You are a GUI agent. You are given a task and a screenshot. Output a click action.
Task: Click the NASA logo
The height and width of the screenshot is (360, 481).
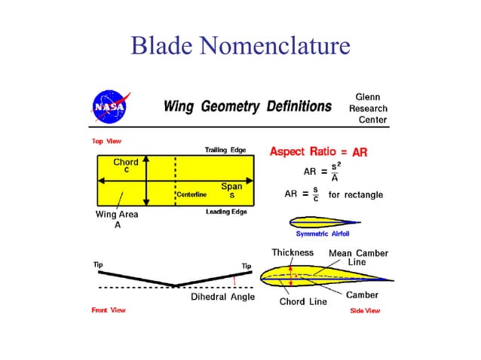pos(110,108)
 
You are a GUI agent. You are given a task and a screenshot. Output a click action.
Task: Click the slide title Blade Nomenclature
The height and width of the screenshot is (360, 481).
pos(240,47)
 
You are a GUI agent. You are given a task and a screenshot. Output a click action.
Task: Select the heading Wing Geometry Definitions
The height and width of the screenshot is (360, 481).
pos(247,107)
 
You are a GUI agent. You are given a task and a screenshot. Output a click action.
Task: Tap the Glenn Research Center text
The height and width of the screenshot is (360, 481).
pos(367,108)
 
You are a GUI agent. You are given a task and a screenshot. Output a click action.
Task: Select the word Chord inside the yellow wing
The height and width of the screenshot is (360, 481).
pos(125,163)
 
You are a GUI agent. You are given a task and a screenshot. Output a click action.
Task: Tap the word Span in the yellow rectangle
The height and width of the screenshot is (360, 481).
pos(231,186)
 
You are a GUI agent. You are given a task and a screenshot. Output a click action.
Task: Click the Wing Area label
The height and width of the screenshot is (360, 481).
pos(116,215)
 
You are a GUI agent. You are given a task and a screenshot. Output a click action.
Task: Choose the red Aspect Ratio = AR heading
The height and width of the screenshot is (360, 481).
pos(318,152)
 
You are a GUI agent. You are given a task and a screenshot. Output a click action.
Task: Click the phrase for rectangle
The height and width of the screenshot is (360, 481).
pos(355,195)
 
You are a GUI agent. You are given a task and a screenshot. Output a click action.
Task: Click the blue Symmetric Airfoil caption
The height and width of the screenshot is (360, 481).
pos(326,233)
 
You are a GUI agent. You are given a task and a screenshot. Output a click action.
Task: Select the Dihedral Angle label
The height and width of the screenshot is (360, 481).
pos(222,297)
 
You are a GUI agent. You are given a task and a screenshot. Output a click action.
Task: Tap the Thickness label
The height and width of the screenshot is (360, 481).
pos(293,252)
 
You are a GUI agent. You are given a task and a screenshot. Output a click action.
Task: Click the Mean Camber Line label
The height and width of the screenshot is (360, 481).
pos(358,257)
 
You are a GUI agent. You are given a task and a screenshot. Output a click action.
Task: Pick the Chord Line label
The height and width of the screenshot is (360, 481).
pos(303,302)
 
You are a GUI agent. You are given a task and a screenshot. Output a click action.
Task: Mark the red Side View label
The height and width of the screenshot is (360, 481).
pos(365,310)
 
